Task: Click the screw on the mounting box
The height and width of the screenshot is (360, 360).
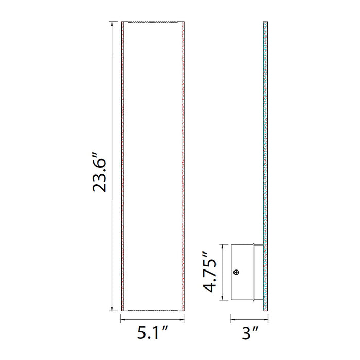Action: tap(236, 273)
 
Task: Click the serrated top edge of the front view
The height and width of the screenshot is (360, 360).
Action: tap(152, 23)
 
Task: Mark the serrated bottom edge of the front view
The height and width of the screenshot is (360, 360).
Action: tap(152, 310)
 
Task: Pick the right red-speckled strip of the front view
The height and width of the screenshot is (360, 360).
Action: tap(183, 167)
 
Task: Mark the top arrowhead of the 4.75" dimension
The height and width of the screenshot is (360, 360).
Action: tap(222, 245)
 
